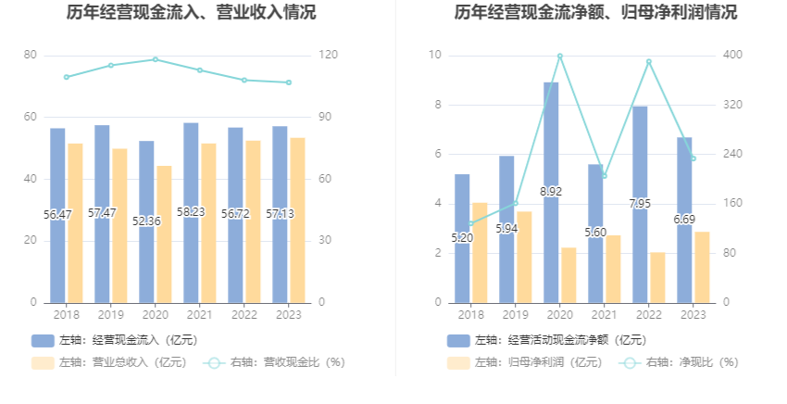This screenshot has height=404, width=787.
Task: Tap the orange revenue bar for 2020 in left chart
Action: (x=164, y=234)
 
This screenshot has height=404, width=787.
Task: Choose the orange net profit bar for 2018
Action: (x=480, y=252)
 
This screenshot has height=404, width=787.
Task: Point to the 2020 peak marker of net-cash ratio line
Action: (x=560, y=57)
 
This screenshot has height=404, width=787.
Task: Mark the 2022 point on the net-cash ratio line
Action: (x=649, y=62)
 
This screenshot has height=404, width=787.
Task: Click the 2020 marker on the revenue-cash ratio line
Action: (x=156, y=59)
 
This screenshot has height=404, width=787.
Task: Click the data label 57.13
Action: (x=280, y=214)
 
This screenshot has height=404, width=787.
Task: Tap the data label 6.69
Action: (x=684, y=219)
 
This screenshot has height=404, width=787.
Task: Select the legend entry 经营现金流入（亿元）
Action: (x=114, y=340)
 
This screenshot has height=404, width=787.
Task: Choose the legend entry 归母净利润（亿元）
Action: (x=524, y=362)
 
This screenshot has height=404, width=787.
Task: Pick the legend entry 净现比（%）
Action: (x=681, y=362)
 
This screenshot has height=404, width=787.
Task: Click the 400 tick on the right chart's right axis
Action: (x=732, y=56)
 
